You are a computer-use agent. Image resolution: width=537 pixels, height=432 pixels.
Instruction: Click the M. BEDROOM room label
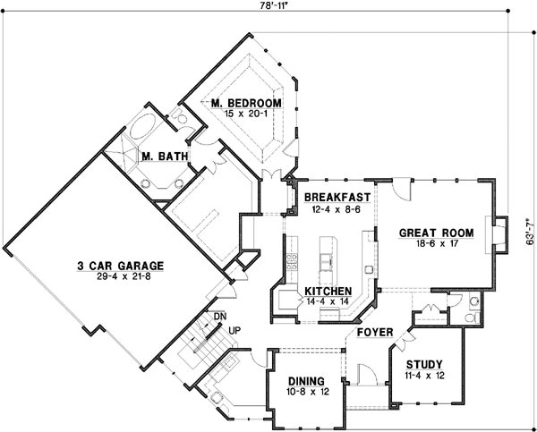pos(246,104)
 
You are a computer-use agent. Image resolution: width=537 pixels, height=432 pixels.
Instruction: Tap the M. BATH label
pos(165,157)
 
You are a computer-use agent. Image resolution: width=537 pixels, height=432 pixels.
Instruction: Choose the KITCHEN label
pos(328,292)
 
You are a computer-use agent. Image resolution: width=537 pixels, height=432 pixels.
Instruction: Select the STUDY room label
pos(424,364)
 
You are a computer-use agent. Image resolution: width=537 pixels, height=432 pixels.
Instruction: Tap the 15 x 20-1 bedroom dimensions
pos(246,115)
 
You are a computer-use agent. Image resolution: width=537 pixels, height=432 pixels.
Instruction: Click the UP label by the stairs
pos(235,329)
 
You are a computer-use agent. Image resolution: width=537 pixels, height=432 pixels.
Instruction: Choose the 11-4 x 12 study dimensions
pos(424,376)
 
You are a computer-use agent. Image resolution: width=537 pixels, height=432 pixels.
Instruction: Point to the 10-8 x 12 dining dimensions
pos(302,391)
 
